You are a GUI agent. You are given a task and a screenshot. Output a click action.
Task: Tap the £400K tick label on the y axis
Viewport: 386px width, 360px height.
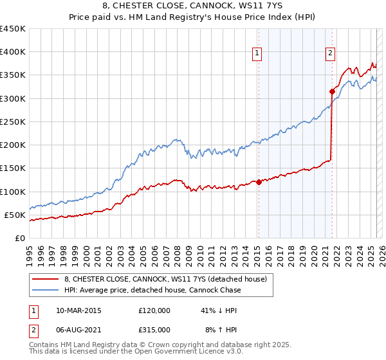[13, 52]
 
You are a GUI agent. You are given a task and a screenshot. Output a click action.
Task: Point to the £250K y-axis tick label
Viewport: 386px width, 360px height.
[13, 122]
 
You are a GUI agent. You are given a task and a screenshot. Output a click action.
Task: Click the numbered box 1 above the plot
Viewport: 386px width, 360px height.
[257, 53]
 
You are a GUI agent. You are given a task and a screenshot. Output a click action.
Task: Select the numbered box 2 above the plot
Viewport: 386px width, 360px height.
[330, 53]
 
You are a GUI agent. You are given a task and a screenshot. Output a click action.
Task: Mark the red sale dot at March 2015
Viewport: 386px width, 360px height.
[259, 182]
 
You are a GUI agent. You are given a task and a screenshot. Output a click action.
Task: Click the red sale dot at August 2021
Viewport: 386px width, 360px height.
[332, 91]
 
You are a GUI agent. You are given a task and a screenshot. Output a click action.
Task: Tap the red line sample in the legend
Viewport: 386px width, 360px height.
[46, 278]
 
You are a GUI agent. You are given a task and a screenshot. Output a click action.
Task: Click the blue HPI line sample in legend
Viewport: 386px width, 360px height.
[46, 290]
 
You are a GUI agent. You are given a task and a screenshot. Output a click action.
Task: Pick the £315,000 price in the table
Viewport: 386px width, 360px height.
[154, 329]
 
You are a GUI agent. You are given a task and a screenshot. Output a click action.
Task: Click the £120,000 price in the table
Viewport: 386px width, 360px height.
[154, 310]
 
